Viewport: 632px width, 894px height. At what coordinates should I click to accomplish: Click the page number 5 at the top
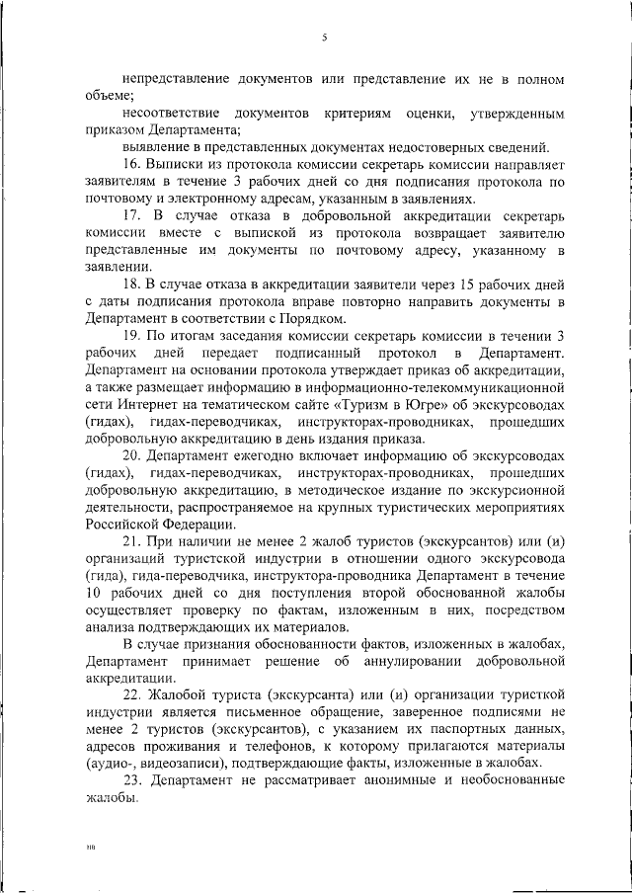pos(323,39)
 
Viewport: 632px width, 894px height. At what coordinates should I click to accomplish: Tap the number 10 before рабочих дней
pos(95,595)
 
